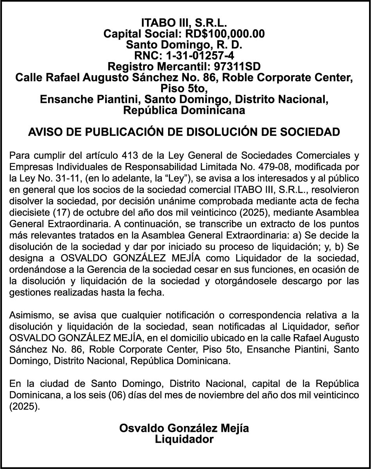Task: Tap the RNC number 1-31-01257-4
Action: click(200, 56)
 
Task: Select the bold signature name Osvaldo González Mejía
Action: click(184, 428)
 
